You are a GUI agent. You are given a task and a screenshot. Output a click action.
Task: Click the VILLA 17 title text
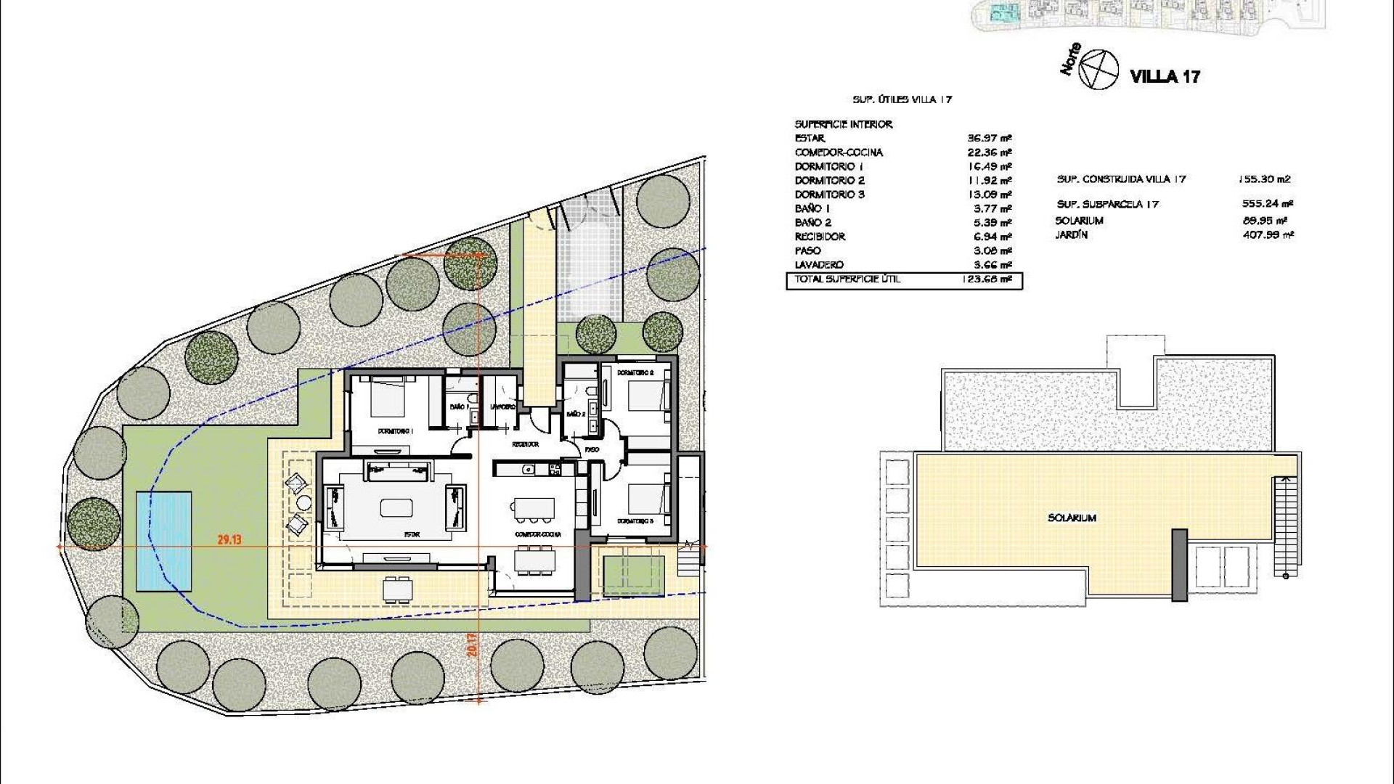[x=1165, y=76]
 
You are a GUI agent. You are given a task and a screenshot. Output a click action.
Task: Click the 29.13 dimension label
[x=229, y=539]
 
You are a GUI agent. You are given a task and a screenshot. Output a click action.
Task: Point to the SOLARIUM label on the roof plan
[x=1072, y=518]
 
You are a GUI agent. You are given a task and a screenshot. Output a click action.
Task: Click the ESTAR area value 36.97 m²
[x=990, y=138]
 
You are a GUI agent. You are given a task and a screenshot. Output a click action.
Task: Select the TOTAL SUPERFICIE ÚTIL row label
[x=847, y=279]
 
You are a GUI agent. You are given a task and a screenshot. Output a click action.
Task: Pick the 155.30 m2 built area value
[x=1264, y=179]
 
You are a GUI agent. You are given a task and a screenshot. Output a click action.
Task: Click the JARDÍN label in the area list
[x=1071, y=234]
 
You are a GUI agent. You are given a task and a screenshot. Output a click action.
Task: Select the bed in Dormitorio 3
[x=645, y=499]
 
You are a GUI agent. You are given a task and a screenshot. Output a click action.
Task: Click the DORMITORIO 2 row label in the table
[x=829, y=180]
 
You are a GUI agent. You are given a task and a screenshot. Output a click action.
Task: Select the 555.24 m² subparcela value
[x=1267, y=204]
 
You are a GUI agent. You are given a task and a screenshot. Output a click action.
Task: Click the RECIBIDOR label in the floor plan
[x=525, y=444]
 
